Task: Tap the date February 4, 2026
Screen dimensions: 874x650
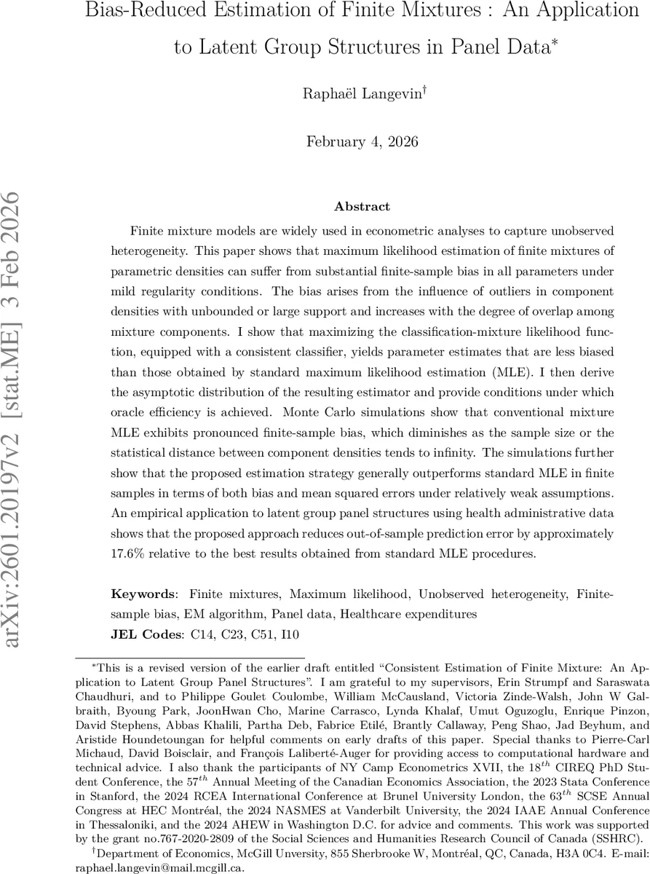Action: [362, 142]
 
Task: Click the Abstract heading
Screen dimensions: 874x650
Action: [362, 207]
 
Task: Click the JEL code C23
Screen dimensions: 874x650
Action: [225, 634]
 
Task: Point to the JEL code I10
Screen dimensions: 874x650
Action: [286, 634]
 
